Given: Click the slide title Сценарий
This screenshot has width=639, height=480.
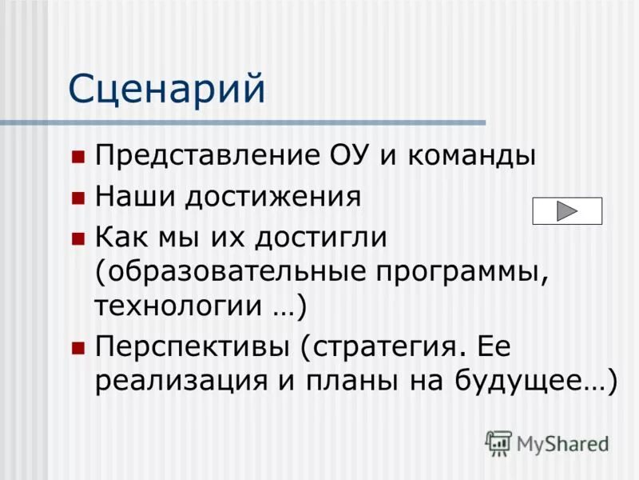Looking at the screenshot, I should pyautogui.click(x=166, y=89).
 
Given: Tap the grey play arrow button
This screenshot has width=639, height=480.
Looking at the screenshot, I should pyautogui.click(x=567, y=210).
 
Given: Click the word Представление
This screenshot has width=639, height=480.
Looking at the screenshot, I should pyautogui.click(x=198, y=155).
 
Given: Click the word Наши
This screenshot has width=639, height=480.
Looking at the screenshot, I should pyautogui.click(x=134, y=197).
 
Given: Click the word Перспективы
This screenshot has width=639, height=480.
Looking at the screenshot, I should pyautogui.click(x=193, y=347).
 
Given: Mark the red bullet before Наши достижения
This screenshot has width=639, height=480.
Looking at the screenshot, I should pyautogui.click(x=77, y=198).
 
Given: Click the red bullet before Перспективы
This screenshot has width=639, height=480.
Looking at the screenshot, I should pyautogui.click(x=77, y=347).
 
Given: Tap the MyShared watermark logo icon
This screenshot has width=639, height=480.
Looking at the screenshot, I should pyautogui.click(x=498, y=443).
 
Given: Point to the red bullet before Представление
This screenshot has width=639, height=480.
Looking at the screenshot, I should pyautogui.click(x=77, y=155).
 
